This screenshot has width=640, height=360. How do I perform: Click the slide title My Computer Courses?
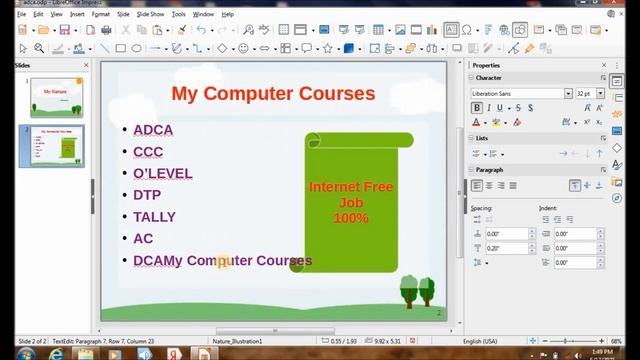pos(273,94)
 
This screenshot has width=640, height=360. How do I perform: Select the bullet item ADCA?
pos(153,129)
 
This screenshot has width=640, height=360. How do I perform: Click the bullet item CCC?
pos(148,151)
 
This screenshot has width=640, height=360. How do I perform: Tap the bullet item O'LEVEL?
pos(162,173)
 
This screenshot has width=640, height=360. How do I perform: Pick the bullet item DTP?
pos(147,195)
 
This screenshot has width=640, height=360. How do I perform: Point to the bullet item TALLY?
pos(154,217)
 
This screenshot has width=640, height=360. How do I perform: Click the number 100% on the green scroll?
pos(350,218)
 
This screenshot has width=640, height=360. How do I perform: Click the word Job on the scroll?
pos(350,203)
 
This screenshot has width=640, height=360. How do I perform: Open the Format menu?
pos(100,15)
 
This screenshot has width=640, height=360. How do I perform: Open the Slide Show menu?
pos(152,15)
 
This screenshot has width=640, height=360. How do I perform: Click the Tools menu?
pos(178,15)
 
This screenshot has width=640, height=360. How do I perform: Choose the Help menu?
pos(228,15)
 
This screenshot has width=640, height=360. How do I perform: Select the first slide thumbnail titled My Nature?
pos(57,98)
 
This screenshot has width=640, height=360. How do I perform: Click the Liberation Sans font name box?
pos(518,93)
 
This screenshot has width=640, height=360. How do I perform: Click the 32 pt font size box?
pos(583,93)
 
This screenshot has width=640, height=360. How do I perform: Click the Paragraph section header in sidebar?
pos(490,170)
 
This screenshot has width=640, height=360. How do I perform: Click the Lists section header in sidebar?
pos(482,138)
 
